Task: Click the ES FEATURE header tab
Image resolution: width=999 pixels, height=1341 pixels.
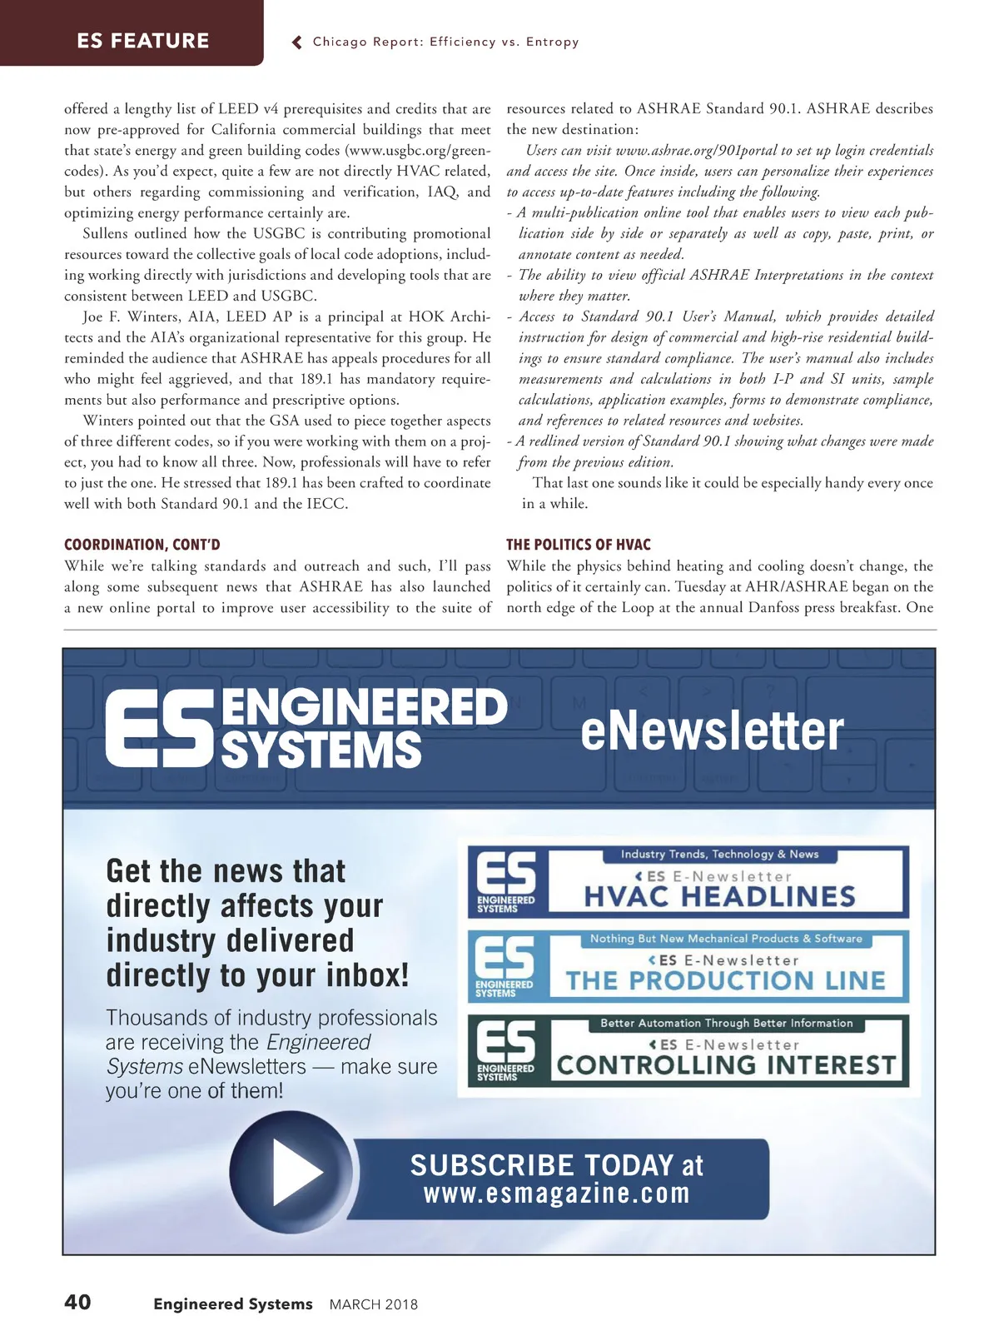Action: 142,40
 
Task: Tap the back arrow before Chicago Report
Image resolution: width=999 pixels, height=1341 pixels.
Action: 297,42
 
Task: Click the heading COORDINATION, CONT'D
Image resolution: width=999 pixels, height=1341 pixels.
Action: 142,545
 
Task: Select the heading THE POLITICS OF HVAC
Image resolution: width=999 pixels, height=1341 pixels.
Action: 579,545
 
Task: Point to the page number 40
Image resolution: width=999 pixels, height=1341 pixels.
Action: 77,1302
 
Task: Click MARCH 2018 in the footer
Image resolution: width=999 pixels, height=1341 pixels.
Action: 374,1304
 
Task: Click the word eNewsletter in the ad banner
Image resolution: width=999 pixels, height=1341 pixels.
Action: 712,730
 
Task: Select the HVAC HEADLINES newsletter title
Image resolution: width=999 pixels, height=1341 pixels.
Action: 720,896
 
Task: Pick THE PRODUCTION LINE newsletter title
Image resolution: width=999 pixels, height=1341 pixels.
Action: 725,980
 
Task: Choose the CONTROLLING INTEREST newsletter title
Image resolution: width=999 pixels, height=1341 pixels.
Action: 726,1065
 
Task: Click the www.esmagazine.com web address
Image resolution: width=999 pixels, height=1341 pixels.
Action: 557,1194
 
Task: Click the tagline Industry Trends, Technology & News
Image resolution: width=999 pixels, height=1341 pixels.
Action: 719,854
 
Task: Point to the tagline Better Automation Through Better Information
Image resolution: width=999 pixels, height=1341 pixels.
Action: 726,1023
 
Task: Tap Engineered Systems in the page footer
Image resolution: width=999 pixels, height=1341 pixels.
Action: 233,1304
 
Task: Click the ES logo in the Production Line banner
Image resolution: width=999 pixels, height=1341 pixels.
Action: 505,965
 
